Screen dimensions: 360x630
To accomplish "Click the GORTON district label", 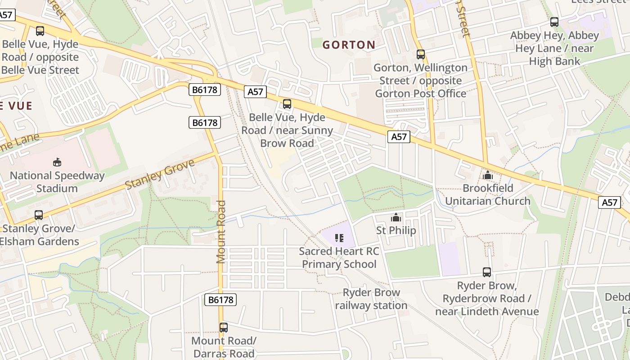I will pyautogui.click(x=349, y=45).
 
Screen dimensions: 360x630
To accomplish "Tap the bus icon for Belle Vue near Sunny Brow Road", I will pyautogui.click(x=287, y=104).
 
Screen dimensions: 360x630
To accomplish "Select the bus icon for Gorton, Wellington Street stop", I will pyautogui.click(x=420, y=54).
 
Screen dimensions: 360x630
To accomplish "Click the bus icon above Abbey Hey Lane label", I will pyautogui.click(x=554, y=22).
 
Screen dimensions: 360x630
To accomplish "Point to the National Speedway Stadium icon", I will pyautogui.click(x=57, y=162).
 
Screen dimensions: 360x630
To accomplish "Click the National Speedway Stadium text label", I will pyautogui.click(x=57, y=182).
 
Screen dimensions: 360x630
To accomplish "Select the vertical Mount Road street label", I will pyautogui.click(x=220, y=232).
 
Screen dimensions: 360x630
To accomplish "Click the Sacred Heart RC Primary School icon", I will pyautogui.click(x=339, y=238).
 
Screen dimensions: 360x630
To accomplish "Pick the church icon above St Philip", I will pyautogui.click(x=396, y=218).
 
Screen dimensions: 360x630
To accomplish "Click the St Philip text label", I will pyautogui.click(x=396, y=230).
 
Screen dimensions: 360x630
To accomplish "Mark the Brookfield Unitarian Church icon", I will pyautogui.click(x=487, y=175).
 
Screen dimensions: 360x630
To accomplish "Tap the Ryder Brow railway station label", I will pyautogui.click(x=371, y=299).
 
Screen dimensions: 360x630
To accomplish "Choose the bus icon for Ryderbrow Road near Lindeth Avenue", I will pyautogui.click(x=486, y=272).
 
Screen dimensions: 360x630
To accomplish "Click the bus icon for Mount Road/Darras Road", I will pyautogui.click(x=224, y=328).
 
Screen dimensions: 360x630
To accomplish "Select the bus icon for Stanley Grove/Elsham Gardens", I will pyautogui.click(x=39, y=215).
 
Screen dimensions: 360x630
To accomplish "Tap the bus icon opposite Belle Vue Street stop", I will pyautogui.click(x=40, y=31).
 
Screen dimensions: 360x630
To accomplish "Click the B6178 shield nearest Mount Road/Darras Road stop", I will pyautogui.click(x=220, y=300).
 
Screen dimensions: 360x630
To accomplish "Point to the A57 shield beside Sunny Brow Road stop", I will pyautogui.click(x=255, y=92).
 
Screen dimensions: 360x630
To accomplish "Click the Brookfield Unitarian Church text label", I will pyautogui.click(x=487, y=194).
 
